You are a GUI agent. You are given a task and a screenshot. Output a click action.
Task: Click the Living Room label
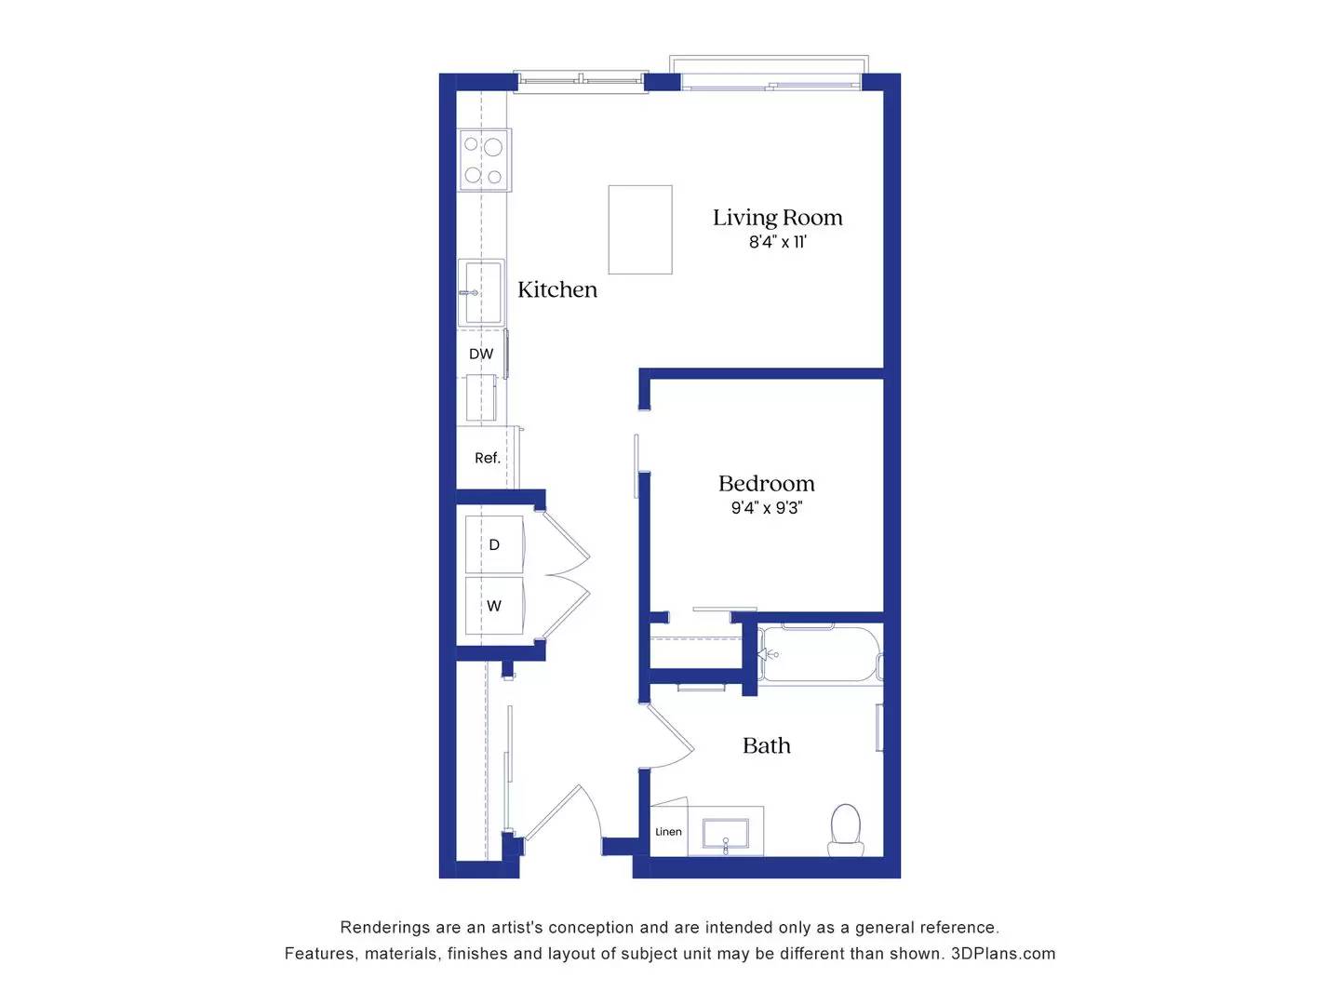click(x=777, y=218)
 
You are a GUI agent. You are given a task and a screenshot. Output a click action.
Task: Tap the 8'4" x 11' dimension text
click(x=777, y=242)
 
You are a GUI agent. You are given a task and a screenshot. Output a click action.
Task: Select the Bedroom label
click(x=766, y=484)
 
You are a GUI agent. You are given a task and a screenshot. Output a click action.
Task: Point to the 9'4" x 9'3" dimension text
click(x=766, y=508)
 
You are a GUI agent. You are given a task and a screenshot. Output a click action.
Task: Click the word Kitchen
click(x=556, y=289)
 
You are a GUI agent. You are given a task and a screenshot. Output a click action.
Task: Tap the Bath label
click(x=766, y=745)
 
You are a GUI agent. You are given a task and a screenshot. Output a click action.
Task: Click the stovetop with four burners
click(x=484, y=160)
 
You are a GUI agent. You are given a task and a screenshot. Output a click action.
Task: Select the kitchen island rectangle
click(x=640, y=229)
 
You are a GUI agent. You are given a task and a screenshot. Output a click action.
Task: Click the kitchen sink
click(x=483, y=293)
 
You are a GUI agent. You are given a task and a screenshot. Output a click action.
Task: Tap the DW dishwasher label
click(x=481, y=355)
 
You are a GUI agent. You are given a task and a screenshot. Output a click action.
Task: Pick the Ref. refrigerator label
click(x=487, y=458)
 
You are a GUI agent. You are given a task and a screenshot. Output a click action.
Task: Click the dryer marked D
click(x=494, y=545)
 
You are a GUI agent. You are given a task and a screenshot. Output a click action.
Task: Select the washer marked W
click(x=494, y=606)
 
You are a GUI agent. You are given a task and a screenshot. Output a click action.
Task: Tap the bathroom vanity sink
click(x=725, y=835)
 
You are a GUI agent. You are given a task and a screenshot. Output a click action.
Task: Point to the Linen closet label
click(x=668, y=832)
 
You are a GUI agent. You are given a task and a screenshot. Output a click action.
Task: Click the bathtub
click(x=819, y=654)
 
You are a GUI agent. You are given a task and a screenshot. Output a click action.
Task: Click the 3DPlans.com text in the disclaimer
click(x=1003, y=954)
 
